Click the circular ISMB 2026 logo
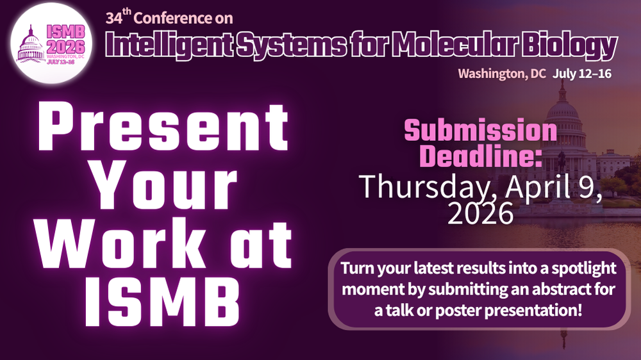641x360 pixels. point(51,43)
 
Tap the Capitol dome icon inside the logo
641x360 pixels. point(31,44)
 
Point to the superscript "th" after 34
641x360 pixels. point(127,12)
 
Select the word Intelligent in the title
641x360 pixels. point(169,45)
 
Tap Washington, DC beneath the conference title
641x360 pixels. point(502,74)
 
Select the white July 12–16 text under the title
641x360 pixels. point(582,74)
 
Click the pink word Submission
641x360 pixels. point(481,131)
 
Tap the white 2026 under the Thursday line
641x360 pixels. point(481,213)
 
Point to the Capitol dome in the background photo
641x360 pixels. point(563,110)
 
